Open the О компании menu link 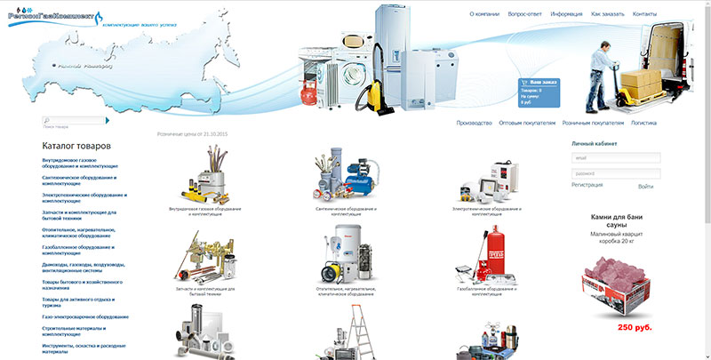485,15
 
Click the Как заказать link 608,15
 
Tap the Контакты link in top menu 644,15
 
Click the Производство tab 474,123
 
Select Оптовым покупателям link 527,123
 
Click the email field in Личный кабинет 616,158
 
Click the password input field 616,172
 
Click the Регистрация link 587,185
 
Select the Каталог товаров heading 76,145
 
